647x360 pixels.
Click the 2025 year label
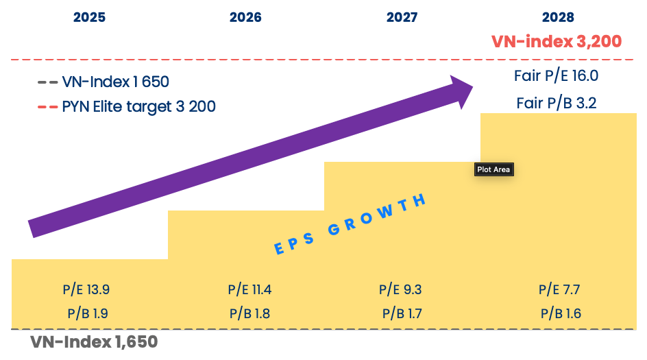pyautogui.click(x=89, y=17)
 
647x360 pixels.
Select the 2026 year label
pyautogui.click(x=245, y=17)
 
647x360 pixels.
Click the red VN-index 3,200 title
pyautogui.click(x=557, y=41)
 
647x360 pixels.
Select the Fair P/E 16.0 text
pyautogui.click(x=557, y=76)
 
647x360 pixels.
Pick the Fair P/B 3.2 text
pyautogui.click(x=557, y=104)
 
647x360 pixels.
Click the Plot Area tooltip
pyautogui.click(x=493, y=169)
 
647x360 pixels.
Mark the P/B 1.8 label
pyautogui.click(x=249, y=314)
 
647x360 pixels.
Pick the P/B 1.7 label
pyautogui.click(x=402, y=314)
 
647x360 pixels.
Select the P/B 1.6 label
pyautogui.click(x=560, y=314)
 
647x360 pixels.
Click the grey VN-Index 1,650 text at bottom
pyautogui.click(x=94, y=341)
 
